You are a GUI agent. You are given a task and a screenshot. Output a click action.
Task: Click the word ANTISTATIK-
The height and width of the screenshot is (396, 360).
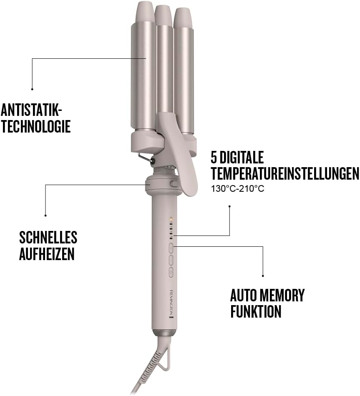click(31, 110)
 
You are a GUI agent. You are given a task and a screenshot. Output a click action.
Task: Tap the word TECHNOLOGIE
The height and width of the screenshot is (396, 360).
click(35, 126)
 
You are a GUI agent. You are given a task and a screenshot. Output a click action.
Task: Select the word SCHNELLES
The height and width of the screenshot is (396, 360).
click(48, 238)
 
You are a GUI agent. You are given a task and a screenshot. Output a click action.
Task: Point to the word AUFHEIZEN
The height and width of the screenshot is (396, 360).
click(47, 254)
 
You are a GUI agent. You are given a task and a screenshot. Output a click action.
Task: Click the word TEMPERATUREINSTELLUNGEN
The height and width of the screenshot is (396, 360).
click(285, 173)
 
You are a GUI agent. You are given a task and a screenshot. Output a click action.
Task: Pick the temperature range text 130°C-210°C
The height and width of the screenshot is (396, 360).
click(237, 188)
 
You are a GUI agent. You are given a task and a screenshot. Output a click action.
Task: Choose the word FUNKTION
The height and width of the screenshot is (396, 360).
click(256, 311)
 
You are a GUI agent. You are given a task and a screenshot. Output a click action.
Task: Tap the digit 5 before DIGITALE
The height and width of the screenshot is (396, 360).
click(215, 158)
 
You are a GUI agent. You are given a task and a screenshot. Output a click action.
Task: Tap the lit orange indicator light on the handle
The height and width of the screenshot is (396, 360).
click(171, 218)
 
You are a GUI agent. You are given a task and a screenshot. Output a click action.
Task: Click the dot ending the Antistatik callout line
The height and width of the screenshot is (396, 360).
click(32, 89)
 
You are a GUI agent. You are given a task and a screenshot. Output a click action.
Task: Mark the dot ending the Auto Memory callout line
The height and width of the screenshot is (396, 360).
click(263, 276)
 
